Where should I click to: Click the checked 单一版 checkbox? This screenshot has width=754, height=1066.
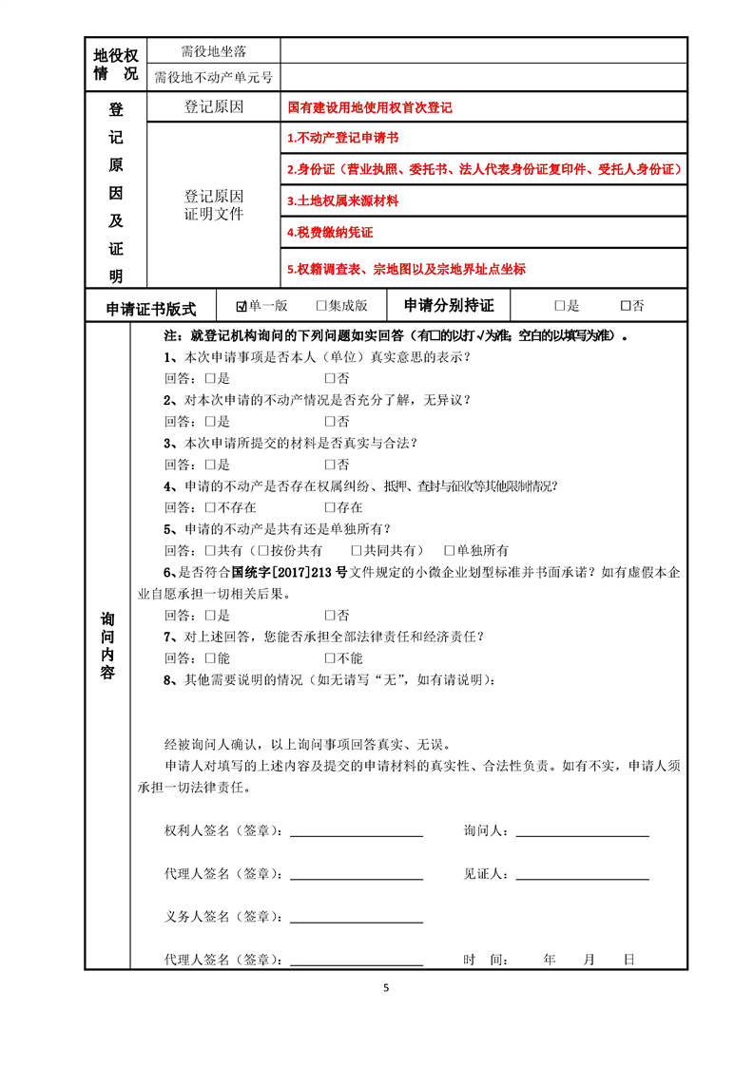pos(242,306)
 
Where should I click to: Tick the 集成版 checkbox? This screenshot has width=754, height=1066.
pos(321,306)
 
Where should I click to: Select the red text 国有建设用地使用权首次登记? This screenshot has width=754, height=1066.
pos(370,107)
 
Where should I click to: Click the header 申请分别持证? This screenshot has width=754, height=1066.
pos(449,306)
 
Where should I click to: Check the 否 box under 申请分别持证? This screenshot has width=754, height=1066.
pos(625,306)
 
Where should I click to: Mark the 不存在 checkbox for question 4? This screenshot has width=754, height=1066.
pos(210,507)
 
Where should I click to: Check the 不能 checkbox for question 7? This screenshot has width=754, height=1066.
pos(330,657)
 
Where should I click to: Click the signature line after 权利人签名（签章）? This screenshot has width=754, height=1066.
pos(357,835)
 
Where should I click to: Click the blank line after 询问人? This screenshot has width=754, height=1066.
pos(581,835)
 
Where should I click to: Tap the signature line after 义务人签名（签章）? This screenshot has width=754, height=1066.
pos(357,921)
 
